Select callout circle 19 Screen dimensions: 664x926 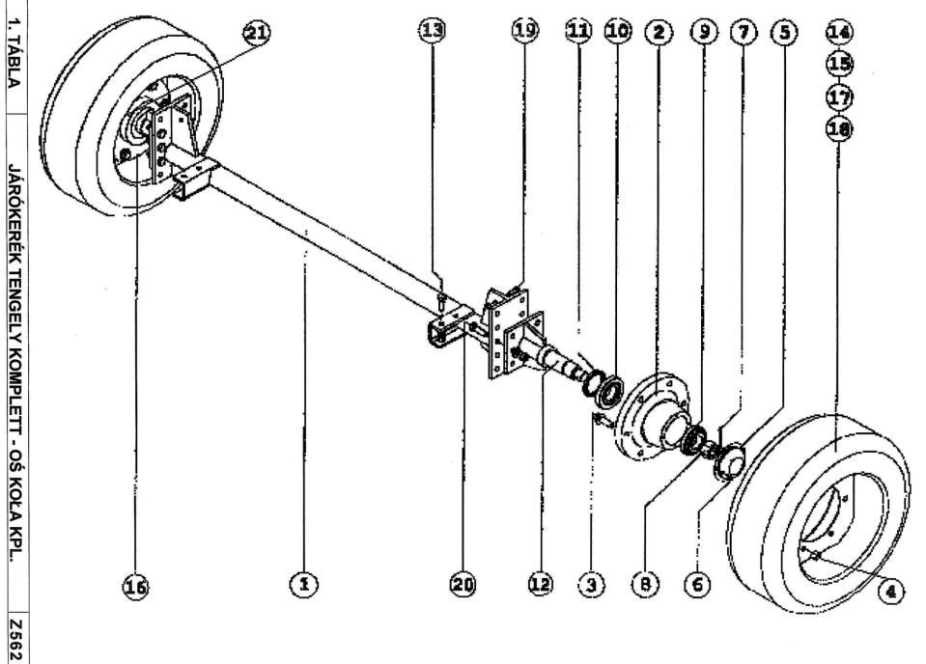(x=523, y=32)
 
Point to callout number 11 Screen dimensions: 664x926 (x=577, y=32)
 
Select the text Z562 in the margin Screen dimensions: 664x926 (x=16, y=637)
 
